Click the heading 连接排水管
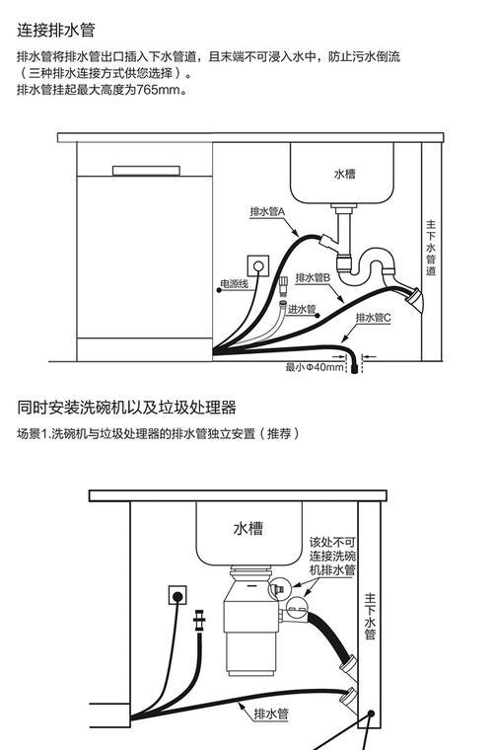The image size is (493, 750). [x=56, y=31]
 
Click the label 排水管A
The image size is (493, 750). [x=267, y=211]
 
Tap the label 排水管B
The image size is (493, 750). [x=313, y=277]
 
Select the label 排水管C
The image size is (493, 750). [x=373, y=317]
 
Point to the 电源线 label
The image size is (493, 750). [x=234, y=284]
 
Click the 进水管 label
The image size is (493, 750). [x=302, y=309]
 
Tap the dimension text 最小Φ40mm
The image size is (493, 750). [x=315, y=367]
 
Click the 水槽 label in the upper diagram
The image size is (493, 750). [x=344, y=174]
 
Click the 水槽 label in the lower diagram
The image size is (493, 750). [x=247, y=528]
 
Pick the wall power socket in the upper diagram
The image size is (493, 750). [x=258, y=265]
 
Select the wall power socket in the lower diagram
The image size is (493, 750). [x=177, y=596]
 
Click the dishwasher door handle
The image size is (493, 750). [x=146, y=171]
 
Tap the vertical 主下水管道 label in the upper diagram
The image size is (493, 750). [x=431, y=248]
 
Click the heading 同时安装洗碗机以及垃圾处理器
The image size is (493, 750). [x=126, y=408]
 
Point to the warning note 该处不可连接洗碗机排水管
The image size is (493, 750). [x=332, y=556]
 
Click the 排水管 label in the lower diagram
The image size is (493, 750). [x=271, y=714]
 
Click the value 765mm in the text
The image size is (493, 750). [x=153, y=90]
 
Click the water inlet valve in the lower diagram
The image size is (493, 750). [x=200, y=621]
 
